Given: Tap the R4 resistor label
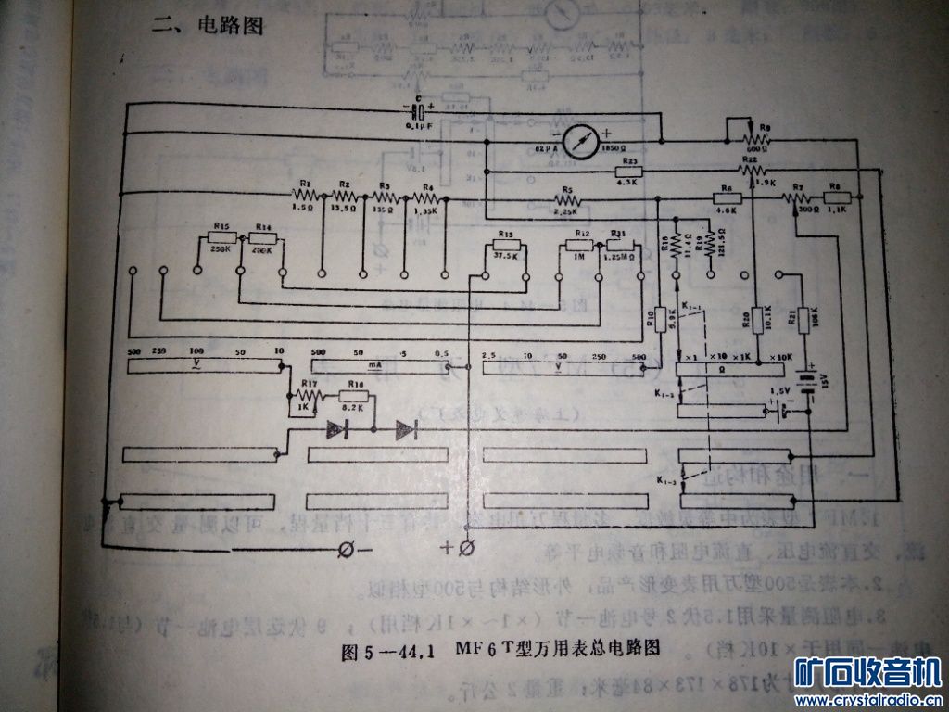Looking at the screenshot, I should [428, 187].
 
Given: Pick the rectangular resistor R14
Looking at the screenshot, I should [263, 238].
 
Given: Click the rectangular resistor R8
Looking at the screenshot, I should [836, 196].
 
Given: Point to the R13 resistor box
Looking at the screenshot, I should [506, 246].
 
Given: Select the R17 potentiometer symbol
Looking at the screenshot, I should [309, 398].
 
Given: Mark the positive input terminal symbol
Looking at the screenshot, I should [467, 546].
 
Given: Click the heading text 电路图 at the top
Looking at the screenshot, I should [230, 26].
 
